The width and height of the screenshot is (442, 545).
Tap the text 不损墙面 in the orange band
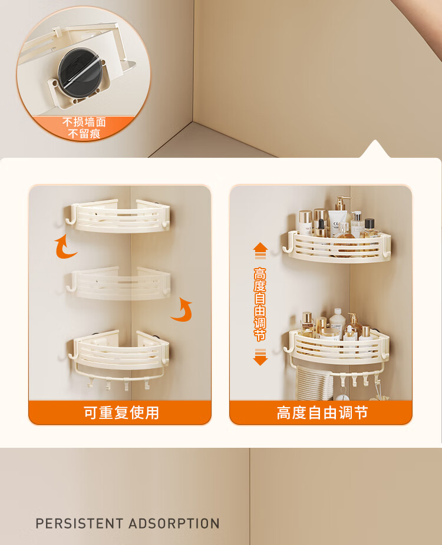84,122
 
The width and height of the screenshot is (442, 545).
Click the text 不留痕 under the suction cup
84,134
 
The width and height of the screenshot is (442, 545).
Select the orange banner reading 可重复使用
120,412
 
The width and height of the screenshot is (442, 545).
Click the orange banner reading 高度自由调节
321,412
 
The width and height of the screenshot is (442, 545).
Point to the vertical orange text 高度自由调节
260,304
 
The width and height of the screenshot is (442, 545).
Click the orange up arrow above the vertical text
260,250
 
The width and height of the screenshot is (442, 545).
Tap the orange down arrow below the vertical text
260,357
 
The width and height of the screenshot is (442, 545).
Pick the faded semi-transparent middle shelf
119,283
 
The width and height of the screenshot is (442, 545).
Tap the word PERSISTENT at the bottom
80,523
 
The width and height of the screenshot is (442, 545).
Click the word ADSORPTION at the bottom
174,523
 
